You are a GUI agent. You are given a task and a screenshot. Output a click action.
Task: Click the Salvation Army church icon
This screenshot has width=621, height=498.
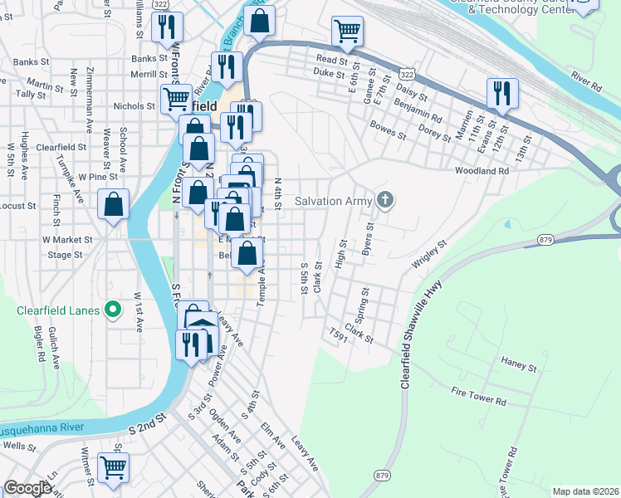tap(384, 199)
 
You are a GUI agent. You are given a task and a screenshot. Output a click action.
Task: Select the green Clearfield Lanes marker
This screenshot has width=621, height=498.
tap(114, 311)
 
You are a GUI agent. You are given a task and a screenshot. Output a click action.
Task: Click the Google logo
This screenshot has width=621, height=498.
tap(27, 488)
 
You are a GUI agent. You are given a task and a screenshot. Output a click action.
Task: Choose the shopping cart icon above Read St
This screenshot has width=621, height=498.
tap(347, 32)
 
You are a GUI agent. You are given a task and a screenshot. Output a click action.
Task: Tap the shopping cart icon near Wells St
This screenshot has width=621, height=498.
tap(113, 466)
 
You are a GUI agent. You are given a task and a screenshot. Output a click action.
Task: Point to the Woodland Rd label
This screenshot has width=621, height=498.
tap(482, 171)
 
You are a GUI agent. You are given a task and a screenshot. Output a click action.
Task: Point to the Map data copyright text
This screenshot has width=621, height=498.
tap(585, 491)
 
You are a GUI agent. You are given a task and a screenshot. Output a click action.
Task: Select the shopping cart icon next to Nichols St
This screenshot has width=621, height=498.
tap(176, 100)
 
